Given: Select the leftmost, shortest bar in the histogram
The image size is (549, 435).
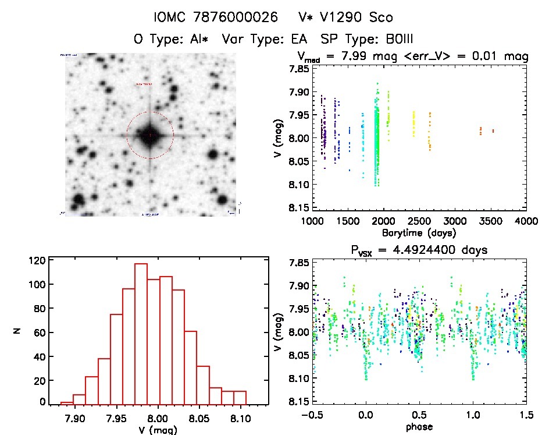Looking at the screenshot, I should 67,402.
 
